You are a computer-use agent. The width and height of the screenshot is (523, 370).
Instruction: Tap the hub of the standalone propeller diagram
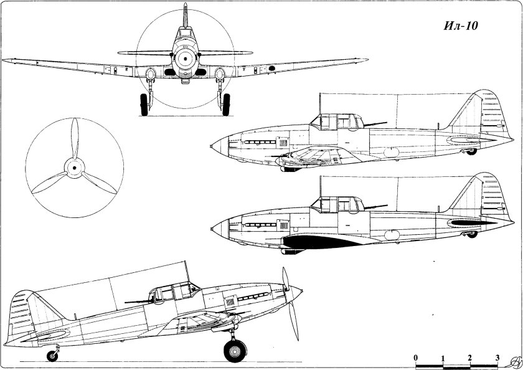pos(74,168)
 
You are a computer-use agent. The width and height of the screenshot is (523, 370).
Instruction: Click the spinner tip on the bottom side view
pos(302,291)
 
